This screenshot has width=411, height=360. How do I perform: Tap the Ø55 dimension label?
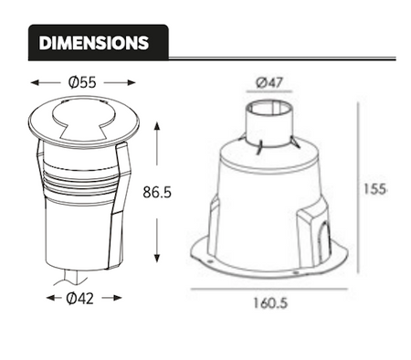click(82, 82)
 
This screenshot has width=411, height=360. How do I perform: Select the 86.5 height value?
click(160, 193)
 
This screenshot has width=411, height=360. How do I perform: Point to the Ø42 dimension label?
click(83, 299)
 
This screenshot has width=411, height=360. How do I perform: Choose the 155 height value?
click(375, 189)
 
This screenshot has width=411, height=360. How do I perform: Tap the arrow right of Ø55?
click(123, 82)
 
